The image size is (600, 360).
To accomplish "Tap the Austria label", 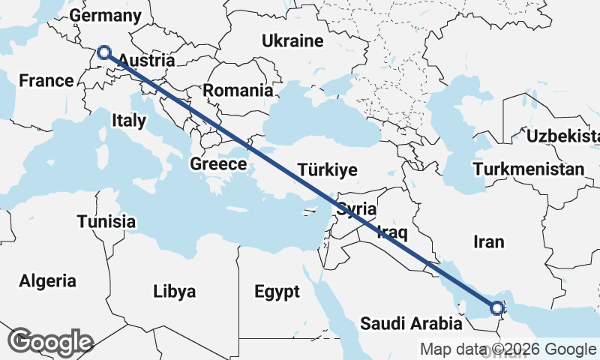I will coord(147,61).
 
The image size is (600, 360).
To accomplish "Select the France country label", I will coord(46,80).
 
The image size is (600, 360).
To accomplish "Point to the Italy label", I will coord(129,120).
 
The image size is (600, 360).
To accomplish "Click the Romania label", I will coord(238,91).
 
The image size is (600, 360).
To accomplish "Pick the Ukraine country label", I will coord(292,41).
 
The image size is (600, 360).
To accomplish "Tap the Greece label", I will coord(218,164).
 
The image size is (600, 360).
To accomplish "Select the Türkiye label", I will coord(327,169).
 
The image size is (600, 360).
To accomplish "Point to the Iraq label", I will coord(392,230).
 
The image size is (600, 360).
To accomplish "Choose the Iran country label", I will coord(489,241).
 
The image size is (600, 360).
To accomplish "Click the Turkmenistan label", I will coord(528,169).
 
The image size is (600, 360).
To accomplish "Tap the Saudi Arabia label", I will coord(411,324).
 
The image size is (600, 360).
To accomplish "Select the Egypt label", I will coord(277,291).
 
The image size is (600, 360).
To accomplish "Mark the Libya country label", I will coord(174,291).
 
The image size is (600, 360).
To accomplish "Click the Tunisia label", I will coord(106,221).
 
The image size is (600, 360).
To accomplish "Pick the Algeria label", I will coord(48,281).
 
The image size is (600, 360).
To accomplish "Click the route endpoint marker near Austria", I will coord(104,52).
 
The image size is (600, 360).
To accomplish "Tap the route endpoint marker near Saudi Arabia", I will coord(497,307).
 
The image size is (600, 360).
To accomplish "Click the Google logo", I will coord(50,341).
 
